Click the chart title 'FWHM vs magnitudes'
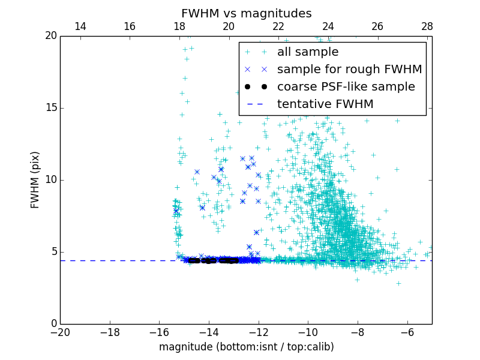click(246, 13)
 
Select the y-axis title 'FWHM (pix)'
click(35, 179)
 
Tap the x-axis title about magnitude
click(246, 347)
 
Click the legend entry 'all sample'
click(307, 52)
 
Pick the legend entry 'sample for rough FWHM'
click(349, 70)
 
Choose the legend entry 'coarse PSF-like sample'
click(346, 87)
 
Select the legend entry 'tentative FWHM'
click(325, 104)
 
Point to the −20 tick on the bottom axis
click(60, 332)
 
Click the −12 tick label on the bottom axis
click(259, 332)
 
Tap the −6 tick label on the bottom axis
click(407, 332)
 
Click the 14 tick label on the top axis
click(80, 26)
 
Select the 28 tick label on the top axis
click(427, 26)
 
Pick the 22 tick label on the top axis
click(278, 26)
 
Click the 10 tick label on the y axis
click(50, 180)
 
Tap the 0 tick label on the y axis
click(53, 324)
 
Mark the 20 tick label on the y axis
click(50, 36)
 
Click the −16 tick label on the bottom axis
click(159, 332)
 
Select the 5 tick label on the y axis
click(53, 252)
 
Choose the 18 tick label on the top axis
click(179, 26)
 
